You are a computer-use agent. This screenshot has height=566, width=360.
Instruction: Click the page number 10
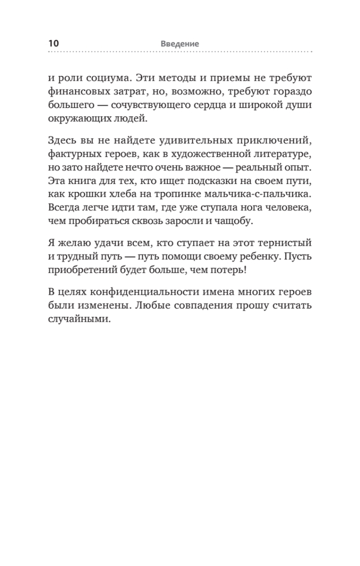[53, 43]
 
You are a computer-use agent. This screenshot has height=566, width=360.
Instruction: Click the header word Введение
[180, 43]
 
